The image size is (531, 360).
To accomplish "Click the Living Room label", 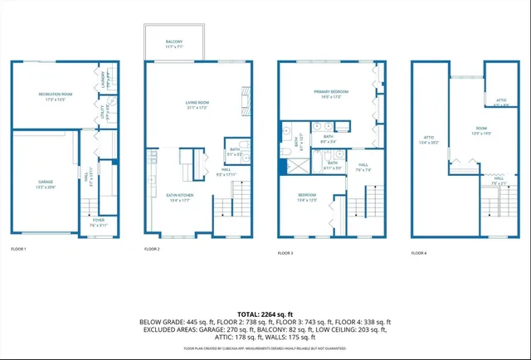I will click(197, 105).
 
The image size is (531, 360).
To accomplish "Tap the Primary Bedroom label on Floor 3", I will click(330, 93).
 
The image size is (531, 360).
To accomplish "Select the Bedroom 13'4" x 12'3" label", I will click(307, 197).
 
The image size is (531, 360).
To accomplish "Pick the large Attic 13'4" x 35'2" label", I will click(429, 139).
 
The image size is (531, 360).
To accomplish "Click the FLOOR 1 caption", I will click(18, 249).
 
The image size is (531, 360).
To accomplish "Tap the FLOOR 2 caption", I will click(152, 249).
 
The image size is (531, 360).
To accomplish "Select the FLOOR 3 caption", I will click(286, 251).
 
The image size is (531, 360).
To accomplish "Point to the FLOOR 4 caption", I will click(419, 251).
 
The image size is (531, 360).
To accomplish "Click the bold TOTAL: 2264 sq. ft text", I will click(265, 314).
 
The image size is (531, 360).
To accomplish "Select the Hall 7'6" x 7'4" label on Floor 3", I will click(363, 167).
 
